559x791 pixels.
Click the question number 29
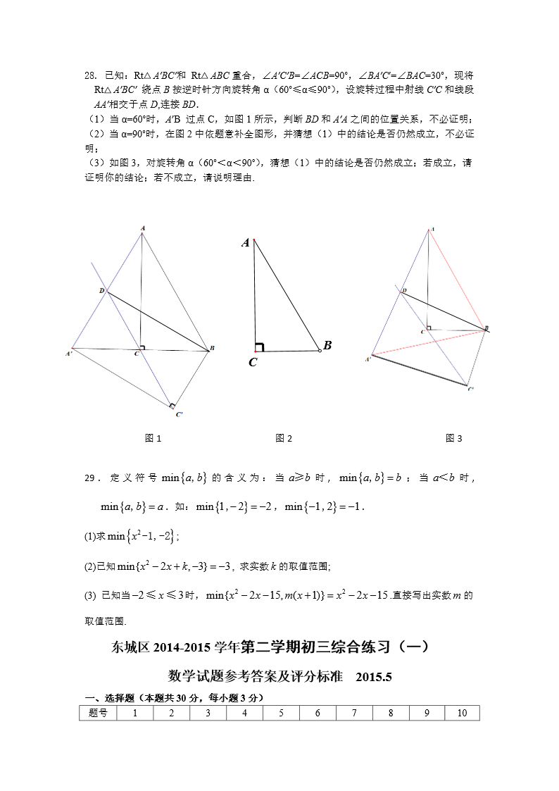[x=89, y=478]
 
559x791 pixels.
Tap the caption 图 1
[x=153, y=438]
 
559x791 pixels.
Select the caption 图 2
[x=284, y=438]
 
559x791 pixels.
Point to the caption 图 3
[x=454, y=438]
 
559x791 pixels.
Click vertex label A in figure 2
[x=246, y=243]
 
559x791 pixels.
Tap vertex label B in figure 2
[x=327, y=345]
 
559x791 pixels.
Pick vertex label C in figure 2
[x=252, y=362]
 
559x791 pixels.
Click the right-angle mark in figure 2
[x=259, y=346]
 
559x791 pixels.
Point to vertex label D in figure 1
[x=101, y=290]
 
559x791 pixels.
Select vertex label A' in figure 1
[x=70, y=353]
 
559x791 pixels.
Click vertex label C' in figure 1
[x=180, y=414]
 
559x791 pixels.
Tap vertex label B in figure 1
[x=212, y=349]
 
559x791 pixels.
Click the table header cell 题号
[x=99, y=713]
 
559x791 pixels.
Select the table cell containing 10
[x=462, y=713]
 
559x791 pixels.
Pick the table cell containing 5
[x=281, y=713]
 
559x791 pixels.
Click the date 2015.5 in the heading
[x=373, y=677]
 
